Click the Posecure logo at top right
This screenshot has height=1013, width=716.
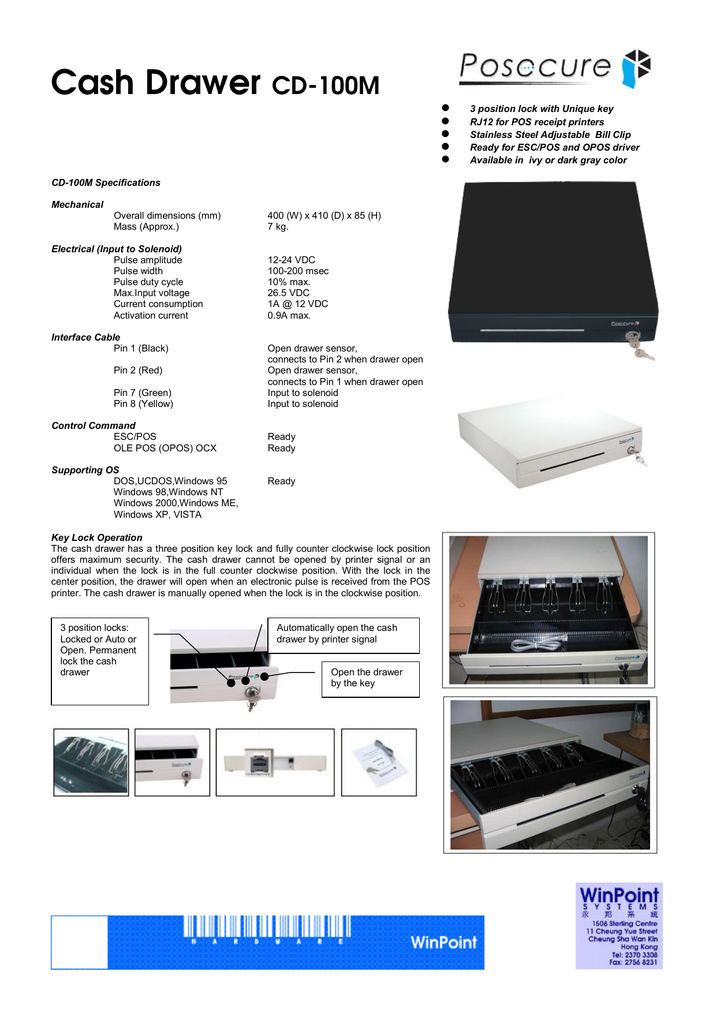pyautogui.click(x=554, y=68)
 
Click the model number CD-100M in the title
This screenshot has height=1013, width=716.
pyautogui.click(x=326, y=85)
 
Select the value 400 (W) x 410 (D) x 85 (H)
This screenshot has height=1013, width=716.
pyautogui.click(x=324, y=215)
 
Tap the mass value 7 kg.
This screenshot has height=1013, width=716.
pyautogui.click(x=278, y=227)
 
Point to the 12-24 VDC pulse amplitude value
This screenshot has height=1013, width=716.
pyautogui.click(x=291, y=260)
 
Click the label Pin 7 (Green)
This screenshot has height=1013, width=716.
pyautogui.click(x=143, y=393)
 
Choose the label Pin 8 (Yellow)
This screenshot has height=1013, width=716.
pyautogui.click(x=143, y=404)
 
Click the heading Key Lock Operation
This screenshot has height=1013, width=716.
pyautogui.click(x=96, y=537)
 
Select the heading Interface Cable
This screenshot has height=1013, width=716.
pyautogui.click(x=85, y=337)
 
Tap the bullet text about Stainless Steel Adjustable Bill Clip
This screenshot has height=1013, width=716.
pyautogui.click(x=550, y=134)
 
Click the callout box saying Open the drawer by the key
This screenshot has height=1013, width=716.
pyautogui.click(x=370, y=679)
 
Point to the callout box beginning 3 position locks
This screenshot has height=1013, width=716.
pyautogui.click(x=100, y=660)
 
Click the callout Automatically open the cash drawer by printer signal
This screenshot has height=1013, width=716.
pyautogui.click(x=344, y=634)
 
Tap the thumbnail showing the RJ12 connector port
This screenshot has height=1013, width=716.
pyautogui.click(x=275, y=762)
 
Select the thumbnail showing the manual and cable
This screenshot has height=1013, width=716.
pyautogui.click(x=379, y=762)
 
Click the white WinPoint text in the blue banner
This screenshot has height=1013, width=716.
pyautogui.click(x=443, y=942)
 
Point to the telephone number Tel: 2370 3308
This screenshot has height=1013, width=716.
pyautogui.click(x=634, y=955)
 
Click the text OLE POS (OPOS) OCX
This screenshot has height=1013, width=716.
pyautogui.click(x=165, y=448)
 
